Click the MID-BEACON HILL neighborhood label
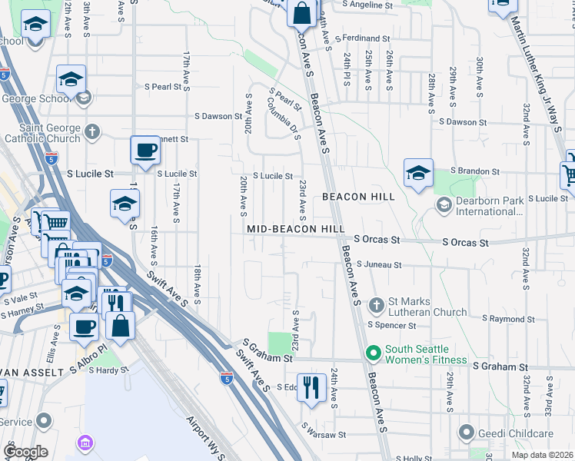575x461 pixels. pos(295,230)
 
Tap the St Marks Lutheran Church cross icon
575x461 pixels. pos(377,306)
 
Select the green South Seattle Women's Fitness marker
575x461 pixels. pos(374,354)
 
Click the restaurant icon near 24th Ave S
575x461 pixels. pos(311,386)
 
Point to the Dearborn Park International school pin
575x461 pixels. pos(444,205)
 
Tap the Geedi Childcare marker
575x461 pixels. pos(465,433)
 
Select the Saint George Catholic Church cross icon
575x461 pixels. pos(92,131)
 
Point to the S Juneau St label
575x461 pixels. pos(379,265)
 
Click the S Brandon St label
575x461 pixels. pos(475,171)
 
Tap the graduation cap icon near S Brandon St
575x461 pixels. pos(418,173)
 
